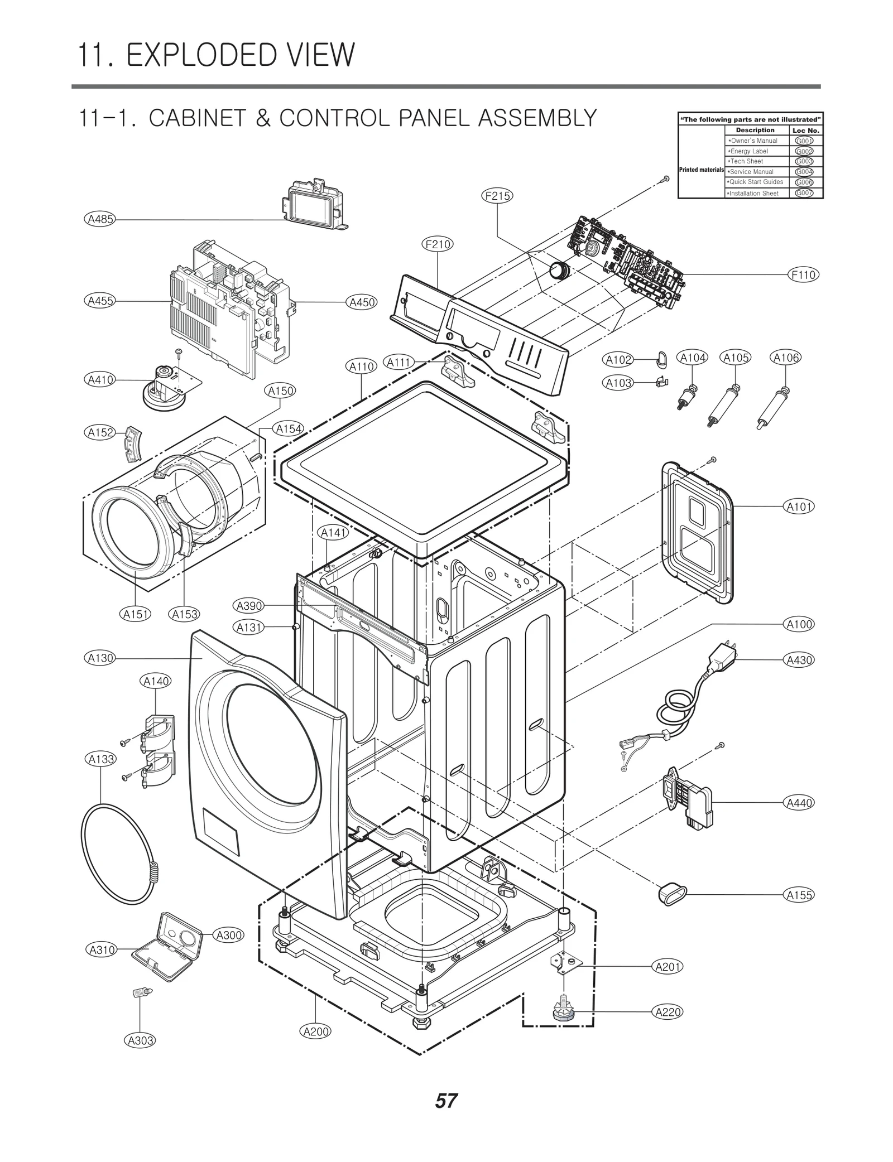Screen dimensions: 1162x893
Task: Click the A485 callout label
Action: (x=101, y=219)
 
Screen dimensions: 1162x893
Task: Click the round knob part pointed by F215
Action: (x=558, y=271)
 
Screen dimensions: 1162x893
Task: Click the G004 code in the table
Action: (x=804, y=172)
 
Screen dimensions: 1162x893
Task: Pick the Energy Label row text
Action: (x=748, y=151)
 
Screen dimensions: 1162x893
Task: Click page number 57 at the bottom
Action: (x=446, y=1101)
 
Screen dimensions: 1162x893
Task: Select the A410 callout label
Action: (x=101, y=380)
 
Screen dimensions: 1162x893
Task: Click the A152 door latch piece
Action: (x=133, y=444)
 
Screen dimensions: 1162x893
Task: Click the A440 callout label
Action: (x=799, y=803)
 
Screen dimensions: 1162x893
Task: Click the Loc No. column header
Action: (x=805, y=131)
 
